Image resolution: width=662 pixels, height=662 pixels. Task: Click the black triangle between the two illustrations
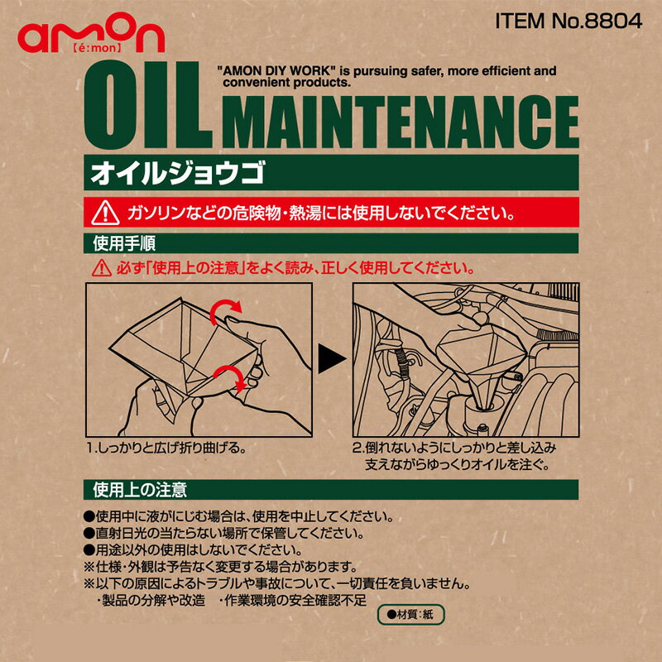click(x=332, y=357)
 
